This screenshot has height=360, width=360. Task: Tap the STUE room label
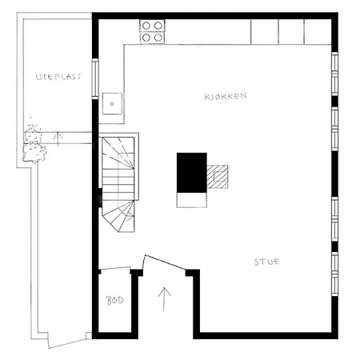point(267,262)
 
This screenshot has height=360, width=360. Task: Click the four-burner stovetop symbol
point(152,30)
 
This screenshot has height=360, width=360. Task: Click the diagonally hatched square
point(218,176)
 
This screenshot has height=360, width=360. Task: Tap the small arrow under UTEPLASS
point(57,138)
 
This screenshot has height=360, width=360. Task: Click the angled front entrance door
point(166,263)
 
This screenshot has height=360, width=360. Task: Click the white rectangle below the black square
point(192,198)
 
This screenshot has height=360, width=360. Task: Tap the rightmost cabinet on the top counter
point(317,30)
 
